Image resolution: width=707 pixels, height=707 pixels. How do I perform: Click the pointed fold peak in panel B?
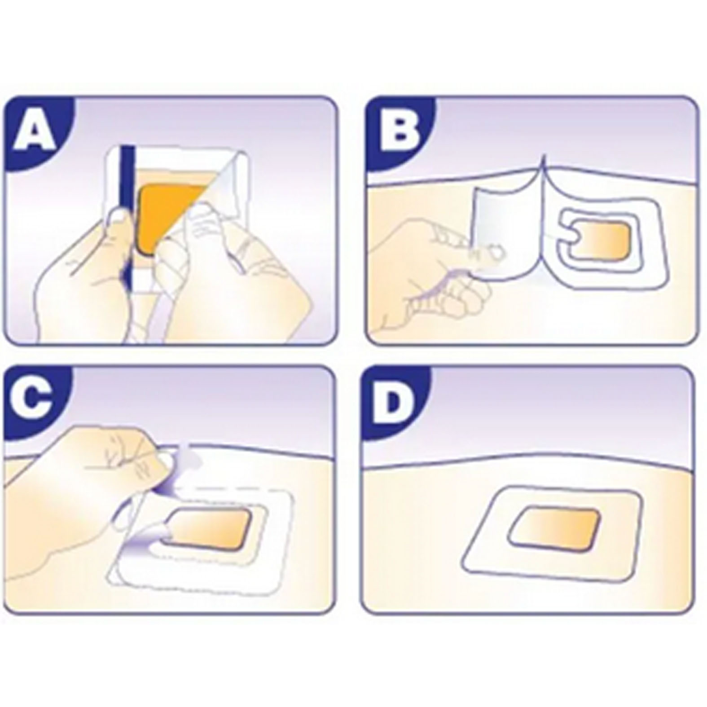point(544,157)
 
